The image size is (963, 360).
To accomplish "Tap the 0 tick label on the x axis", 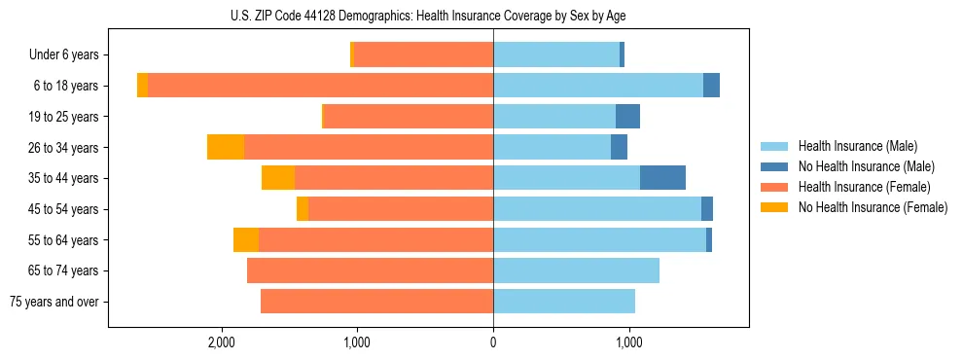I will [493, 342].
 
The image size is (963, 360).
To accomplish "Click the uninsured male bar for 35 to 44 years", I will [662, 178].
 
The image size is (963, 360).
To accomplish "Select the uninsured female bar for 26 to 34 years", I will [226, 147].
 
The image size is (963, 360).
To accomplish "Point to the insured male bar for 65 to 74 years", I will [576, 270].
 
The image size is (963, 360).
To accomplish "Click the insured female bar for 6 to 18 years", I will [320, 86].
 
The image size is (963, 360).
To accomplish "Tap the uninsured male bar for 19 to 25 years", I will [627, 116].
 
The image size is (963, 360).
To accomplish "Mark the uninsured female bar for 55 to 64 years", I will [246, 239].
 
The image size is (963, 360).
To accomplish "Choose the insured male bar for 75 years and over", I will [564, 302].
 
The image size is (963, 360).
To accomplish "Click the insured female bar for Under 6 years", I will [423, 54].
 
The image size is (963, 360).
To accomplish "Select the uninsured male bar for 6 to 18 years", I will [711, 86].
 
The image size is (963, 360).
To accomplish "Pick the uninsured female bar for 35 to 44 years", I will [278, 178].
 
